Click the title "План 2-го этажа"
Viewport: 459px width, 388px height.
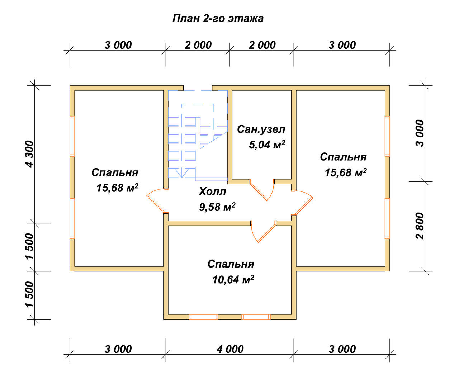pos(218,18)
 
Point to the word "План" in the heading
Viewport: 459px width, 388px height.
pos(186,18)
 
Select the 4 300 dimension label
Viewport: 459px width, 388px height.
pos(30,154)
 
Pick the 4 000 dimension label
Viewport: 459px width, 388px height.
pos(230,349)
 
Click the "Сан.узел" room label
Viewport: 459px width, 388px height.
pos(261,129)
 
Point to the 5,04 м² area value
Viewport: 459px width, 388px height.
pos(267,145)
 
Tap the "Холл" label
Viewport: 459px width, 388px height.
pos(212,191)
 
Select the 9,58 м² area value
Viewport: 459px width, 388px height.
pos(217,207)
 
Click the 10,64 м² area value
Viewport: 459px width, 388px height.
pos(233,280)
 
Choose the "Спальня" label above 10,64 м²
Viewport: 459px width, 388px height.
pos(231,264)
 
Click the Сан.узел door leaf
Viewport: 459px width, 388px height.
pos(258,191)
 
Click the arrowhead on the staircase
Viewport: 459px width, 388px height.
pos(182,173)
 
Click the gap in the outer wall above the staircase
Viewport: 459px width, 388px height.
pos(198,88)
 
